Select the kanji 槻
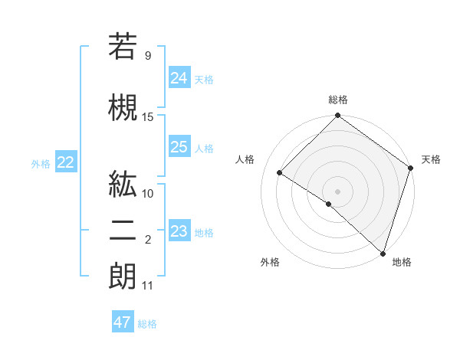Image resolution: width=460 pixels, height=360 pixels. point(123,107)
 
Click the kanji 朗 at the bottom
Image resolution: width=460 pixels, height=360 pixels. point(123,277)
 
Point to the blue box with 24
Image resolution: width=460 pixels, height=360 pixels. point(179,77)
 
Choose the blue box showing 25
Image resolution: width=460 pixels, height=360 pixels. point(179,147)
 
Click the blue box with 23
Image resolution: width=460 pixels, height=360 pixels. point(179,231)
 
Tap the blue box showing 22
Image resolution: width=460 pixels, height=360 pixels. point(66,162)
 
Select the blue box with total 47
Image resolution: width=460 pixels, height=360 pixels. point(123,322)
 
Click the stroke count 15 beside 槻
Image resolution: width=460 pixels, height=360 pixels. point(148,117)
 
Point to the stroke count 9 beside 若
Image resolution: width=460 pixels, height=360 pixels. point(148,56)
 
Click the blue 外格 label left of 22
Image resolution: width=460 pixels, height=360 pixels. point(41,163)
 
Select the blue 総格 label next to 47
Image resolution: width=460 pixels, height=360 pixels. point(147,324)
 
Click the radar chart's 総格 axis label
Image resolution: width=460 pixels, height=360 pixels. point(338,100)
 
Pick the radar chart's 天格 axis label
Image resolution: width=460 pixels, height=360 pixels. point(431,159)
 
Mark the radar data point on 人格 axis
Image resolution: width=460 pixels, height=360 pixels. point(280,172)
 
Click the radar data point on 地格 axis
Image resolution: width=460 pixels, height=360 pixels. point(382,252)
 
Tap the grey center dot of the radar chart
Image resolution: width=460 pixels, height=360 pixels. point(338,191)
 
